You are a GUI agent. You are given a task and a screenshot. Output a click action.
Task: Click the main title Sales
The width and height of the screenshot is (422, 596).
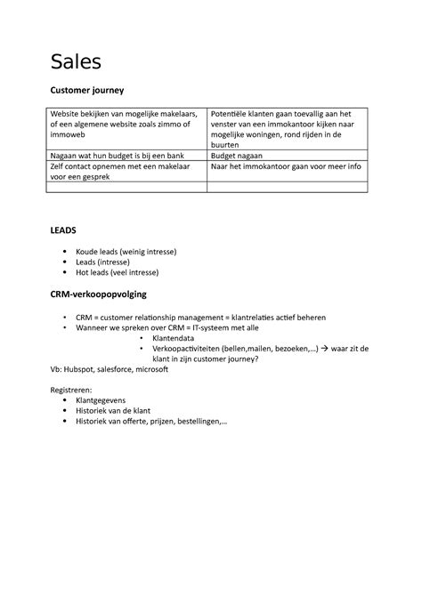76,61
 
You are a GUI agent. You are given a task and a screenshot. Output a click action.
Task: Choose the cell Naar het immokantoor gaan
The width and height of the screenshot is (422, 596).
286,165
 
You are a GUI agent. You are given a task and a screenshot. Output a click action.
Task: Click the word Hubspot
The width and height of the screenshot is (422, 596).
81,369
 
